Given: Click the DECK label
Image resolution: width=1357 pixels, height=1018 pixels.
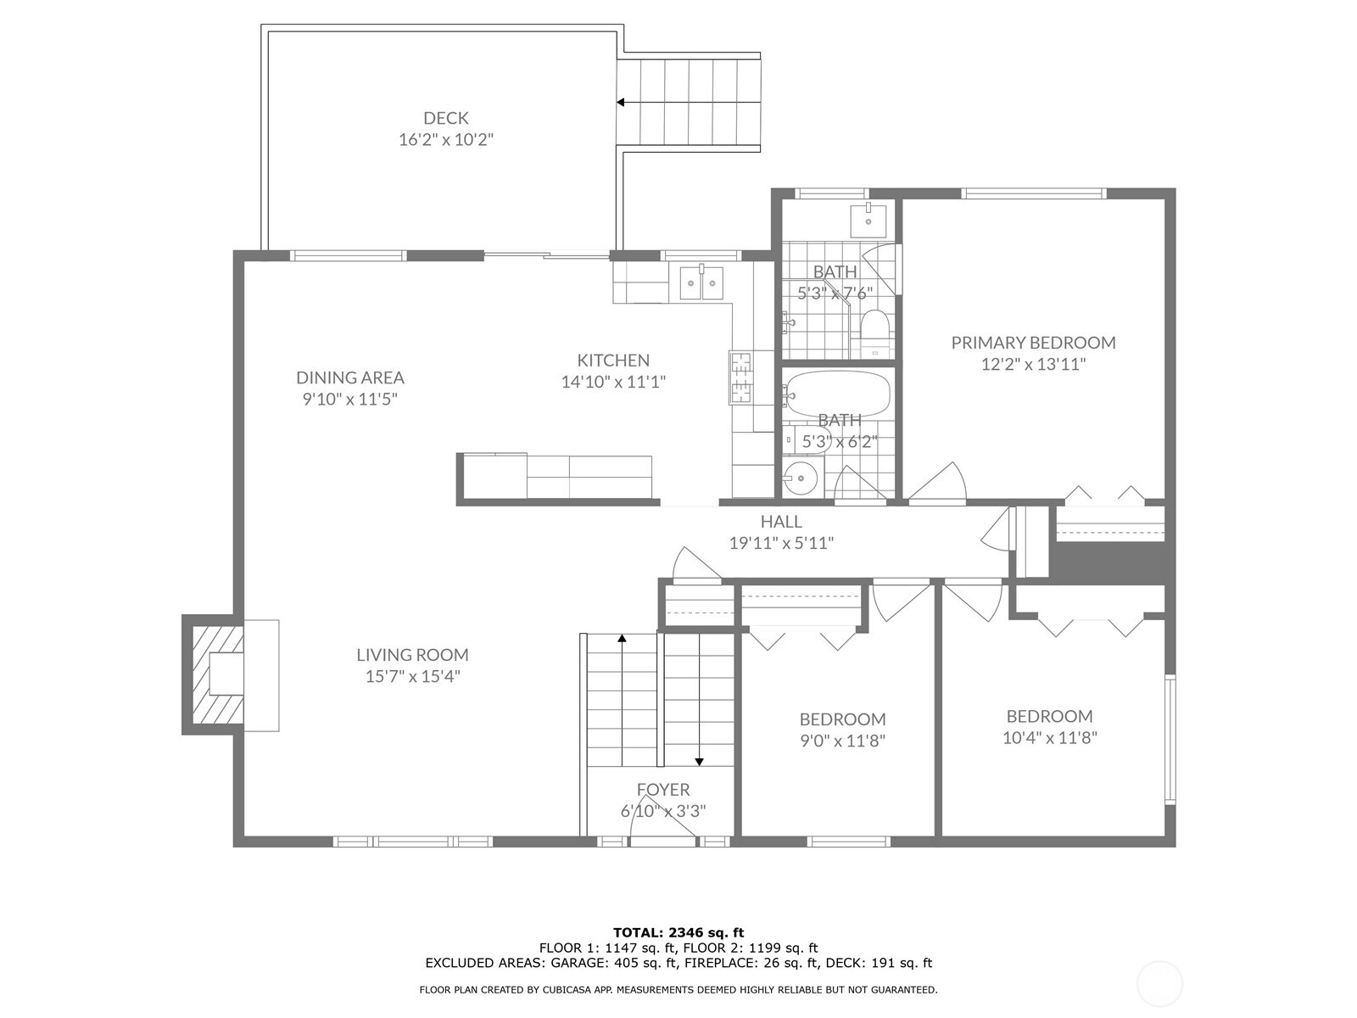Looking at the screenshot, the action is tap(446, 117).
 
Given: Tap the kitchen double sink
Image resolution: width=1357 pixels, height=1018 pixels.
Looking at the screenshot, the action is tap(701, 282).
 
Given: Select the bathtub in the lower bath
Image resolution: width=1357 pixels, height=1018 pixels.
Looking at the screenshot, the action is tap(838, 393).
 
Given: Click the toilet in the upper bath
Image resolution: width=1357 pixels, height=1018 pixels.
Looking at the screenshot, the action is tap(874, 332).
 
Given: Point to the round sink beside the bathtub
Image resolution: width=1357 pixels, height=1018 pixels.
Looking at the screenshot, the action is tap(801, 478).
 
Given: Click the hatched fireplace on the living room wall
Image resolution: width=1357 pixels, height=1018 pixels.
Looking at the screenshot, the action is tap(218, 674).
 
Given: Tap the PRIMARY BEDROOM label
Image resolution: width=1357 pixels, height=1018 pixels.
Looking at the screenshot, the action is tap(1033, 343).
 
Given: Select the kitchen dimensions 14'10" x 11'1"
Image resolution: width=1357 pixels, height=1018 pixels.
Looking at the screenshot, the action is tap(613, 382).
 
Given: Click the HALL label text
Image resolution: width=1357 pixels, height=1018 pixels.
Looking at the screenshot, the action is tap(781, 522).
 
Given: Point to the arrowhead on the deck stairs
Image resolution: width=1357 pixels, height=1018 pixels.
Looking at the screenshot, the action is tap(620, 102).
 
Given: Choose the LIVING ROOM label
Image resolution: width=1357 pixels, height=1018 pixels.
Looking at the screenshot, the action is tap(412, 655).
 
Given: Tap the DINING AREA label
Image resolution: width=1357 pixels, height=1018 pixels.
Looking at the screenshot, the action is tap(350, 377).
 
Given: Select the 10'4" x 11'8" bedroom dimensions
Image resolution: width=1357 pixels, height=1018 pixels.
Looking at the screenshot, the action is tap(1050, 737).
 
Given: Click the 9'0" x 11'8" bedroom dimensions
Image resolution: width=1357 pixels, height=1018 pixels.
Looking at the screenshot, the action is tap(843, 741).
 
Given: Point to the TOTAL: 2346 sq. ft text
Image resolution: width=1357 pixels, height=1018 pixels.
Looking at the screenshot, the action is tap(678, 932).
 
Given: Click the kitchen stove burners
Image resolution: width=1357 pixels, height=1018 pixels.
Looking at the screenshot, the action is tap(740, 377).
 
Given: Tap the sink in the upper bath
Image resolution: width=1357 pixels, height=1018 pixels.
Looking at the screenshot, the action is tap(868, 220).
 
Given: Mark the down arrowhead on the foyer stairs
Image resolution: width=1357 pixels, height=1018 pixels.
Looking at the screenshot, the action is tap(699, 762).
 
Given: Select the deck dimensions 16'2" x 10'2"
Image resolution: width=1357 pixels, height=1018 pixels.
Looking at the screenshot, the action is tap(446, 140).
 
